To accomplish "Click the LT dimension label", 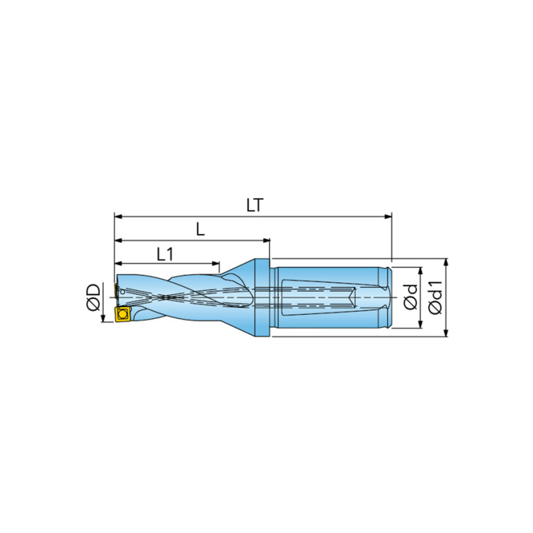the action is [x=255, y=205].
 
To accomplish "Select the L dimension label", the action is [x=201, y=229].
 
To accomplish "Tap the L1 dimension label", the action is [x=165, y=254].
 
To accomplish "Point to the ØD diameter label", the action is [x=94, y=297].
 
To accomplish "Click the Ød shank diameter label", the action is [x=411, y=297].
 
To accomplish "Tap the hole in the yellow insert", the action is [x=122, y=313].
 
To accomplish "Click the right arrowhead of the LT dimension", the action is [x=388, y=217].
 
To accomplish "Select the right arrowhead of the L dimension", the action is [x=266, y=240].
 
